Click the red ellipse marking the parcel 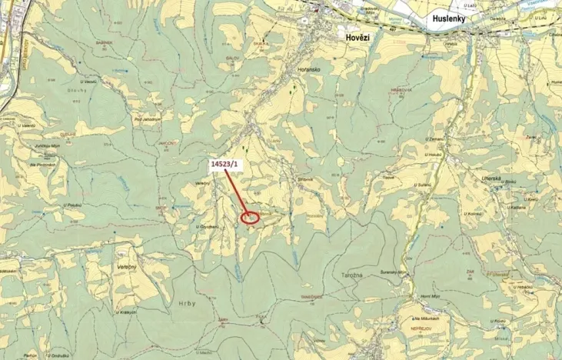tap(251, 218)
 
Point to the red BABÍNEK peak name tap(105, 43)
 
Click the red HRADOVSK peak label tap(402, 89)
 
